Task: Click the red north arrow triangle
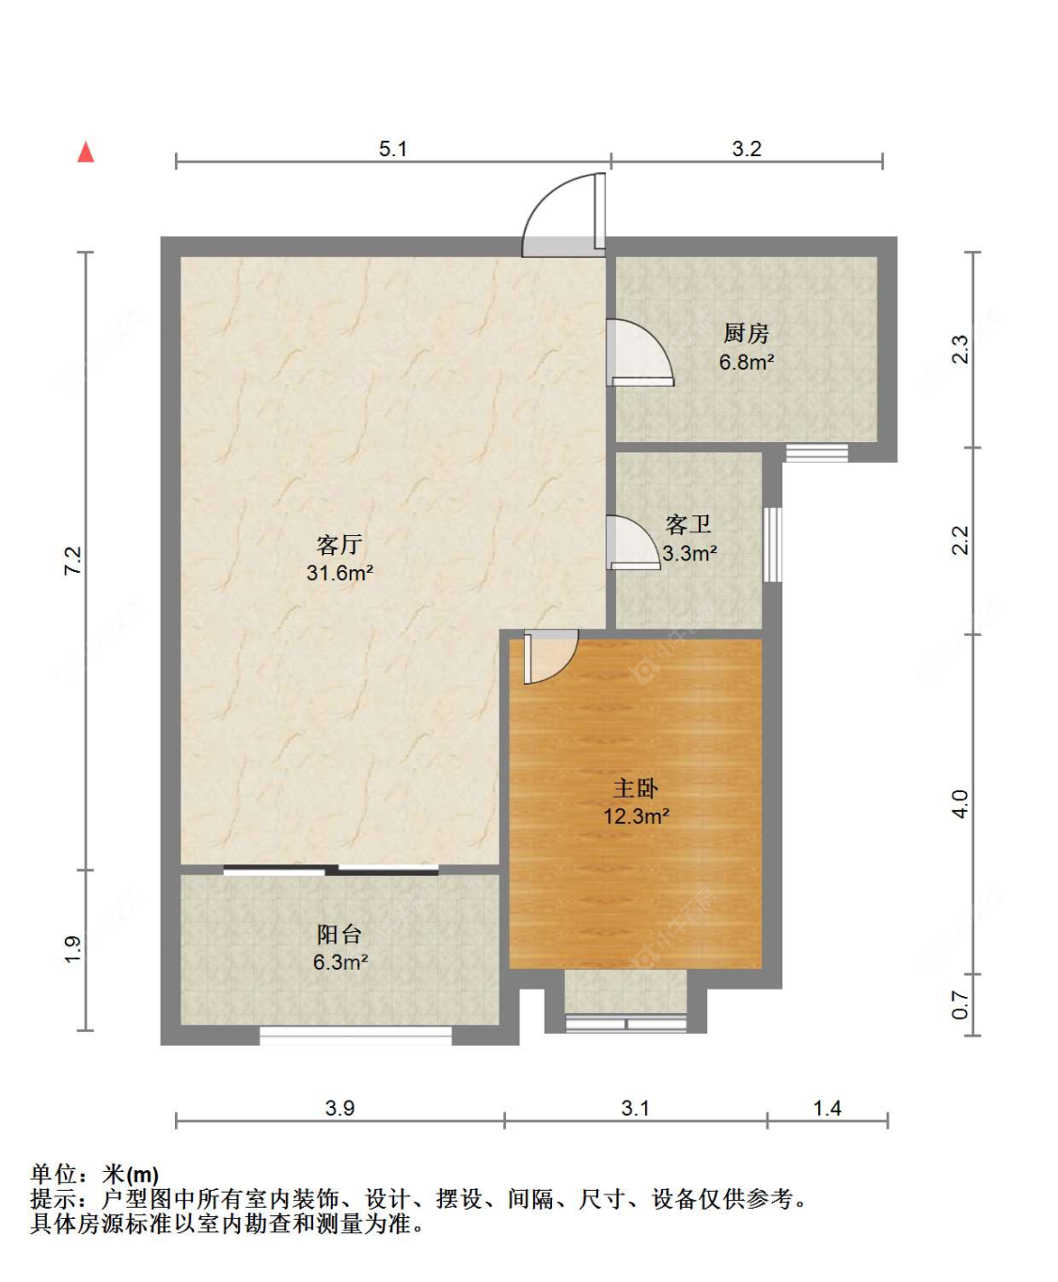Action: pos(86,152)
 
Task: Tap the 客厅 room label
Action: pos(340,545)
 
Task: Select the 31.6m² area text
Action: pos(340,573)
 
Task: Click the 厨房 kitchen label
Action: pos(746,333)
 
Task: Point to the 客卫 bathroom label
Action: pos(688,524)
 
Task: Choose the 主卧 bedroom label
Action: pos(636,788)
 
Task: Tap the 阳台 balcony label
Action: pos(340,934)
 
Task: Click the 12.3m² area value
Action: pos(636,816)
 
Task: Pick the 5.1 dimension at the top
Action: pos(393,149)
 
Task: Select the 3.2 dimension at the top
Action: pos(747,149)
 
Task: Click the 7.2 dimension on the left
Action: pos(72,560)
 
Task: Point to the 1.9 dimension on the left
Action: pos(72,949)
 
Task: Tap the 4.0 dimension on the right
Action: pos(960,803)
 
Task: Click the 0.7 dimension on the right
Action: pos(960,1005)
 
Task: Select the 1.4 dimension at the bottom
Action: pos(827,1108)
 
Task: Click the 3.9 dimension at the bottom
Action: pos(340,1108)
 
